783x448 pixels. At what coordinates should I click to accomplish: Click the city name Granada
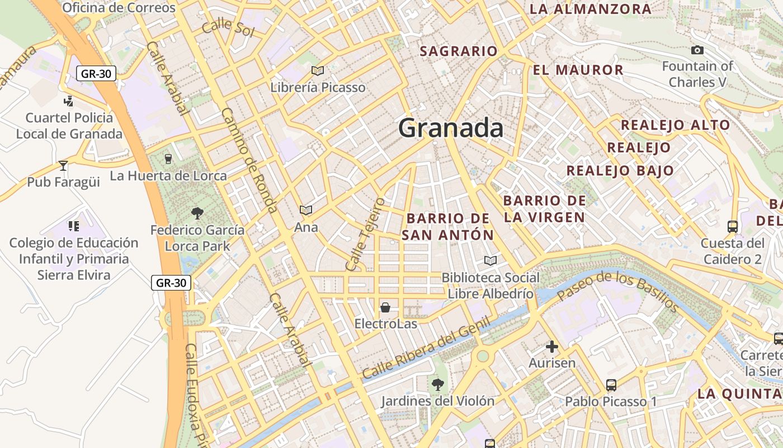pos(451,128)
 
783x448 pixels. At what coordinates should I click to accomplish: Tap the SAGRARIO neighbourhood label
pos(459,51)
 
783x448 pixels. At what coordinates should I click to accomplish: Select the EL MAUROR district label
pos(578,70)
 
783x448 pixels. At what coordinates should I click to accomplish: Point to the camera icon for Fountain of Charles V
pos(697,50)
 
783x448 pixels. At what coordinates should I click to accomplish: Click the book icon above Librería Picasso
pos(318,71)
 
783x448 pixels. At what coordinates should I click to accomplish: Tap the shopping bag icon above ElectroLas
pos(385,307)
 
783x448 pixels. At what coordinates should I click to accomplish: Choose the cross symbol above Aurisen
pos(552,347)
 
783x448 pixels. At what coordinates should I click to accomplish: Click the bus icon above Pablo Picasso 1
pos(611,385)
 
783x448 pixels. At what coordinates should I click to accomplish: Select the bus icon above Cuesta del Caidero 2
pos(733,227)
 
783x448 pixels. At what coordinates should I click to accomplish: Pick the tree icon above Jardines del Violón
pos(438,384)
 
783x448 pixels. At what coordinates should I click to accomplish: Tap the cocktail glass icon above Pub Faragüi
pos(63,166)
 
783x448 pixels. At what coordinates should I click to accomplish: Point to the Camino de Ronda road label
pos(249,160)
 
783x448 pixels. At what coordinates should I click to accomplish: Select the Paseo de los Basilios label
pos(618,291)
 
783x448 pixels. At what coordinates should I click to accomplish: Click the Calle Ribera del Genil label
pos(427,348)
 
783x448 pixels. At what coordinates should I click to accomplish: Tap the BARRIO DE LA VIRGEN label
pos(544,209)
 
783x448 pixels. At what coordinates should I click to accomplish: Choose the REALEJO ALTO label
pos(676,125)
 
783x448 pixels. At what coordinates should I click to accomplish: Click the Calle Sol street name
pos(228,27)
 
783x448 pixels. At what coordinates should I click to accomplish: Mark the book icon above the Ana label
pos(306,210)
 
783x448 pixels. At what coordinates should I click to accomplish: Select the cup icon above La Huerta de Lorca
pos(168,159)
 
